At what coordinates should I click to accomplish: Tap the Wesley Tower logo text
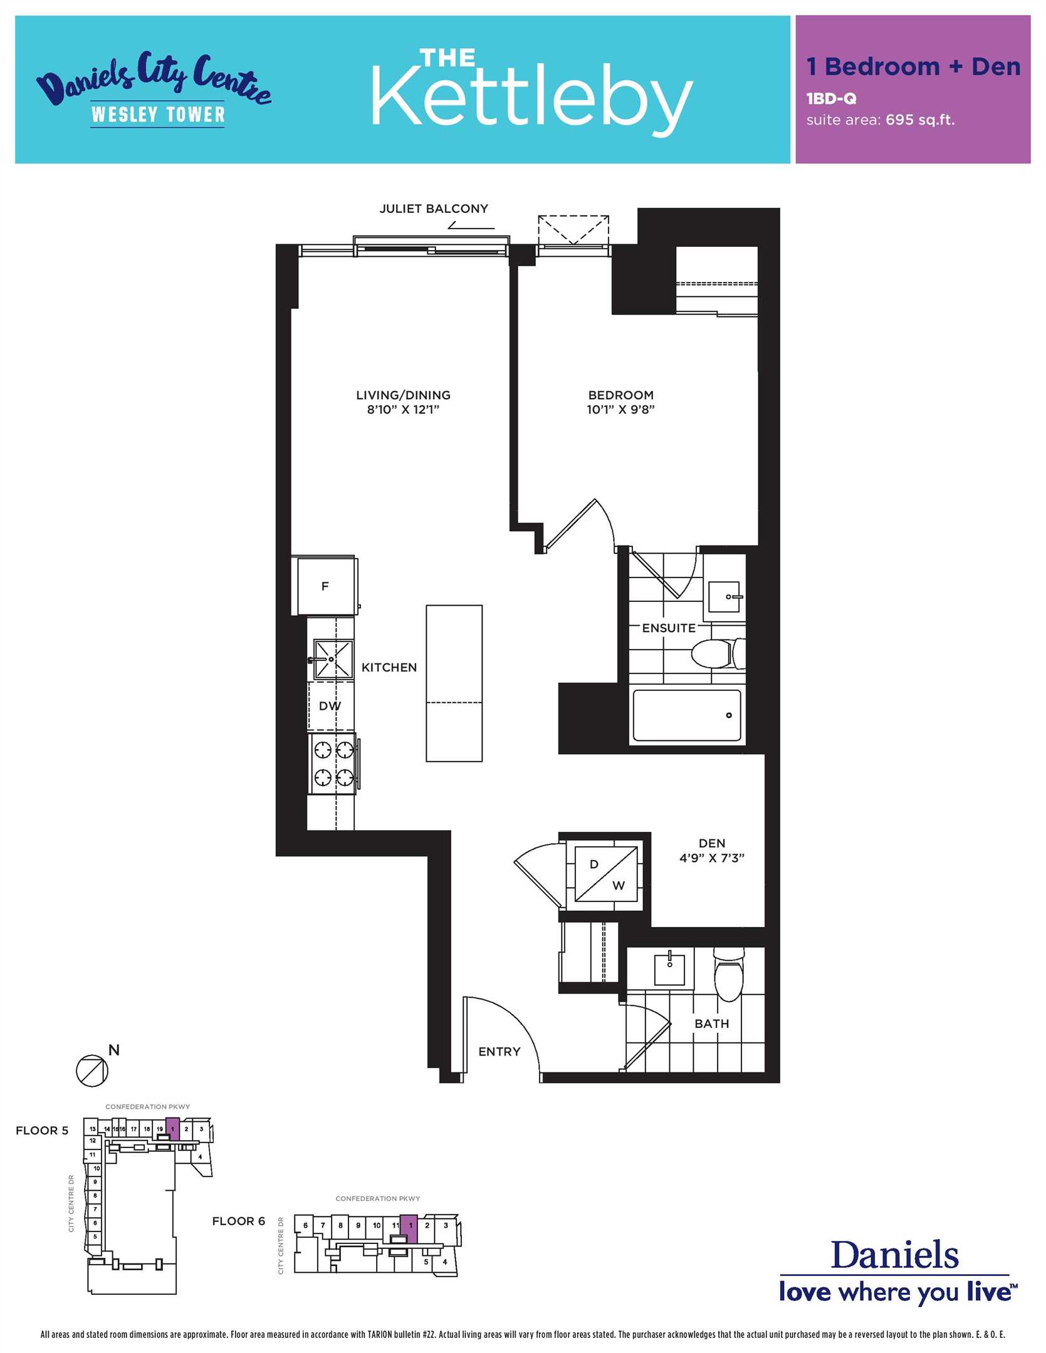coord(158,115)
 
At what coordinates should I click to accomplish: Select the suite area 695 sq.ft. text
coord(881,120)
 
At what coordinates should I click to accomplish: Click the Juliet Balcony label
coord(434,209)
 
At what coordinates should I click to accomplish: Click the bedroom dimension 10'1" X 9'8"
coord(620,410)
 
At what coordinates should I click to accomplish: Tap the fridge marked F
coord(325,586)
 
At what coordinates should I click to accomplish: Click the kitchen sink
coord(333,660)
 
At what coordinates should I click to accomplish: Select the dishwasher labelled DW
coord(330,706)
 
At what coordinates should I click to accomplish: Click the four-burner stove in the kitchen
coord(333,764)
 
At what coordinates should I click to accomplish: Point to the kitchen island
coord(454,683)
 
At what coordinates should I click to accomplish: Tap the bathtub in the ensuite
coord(687,715)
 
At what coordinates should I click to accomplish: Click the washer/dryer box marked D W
coord(606,874)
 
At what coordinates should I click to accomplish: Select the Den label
coord(712,843)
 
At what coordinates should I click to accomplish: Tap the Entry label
coord(499,1052)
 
